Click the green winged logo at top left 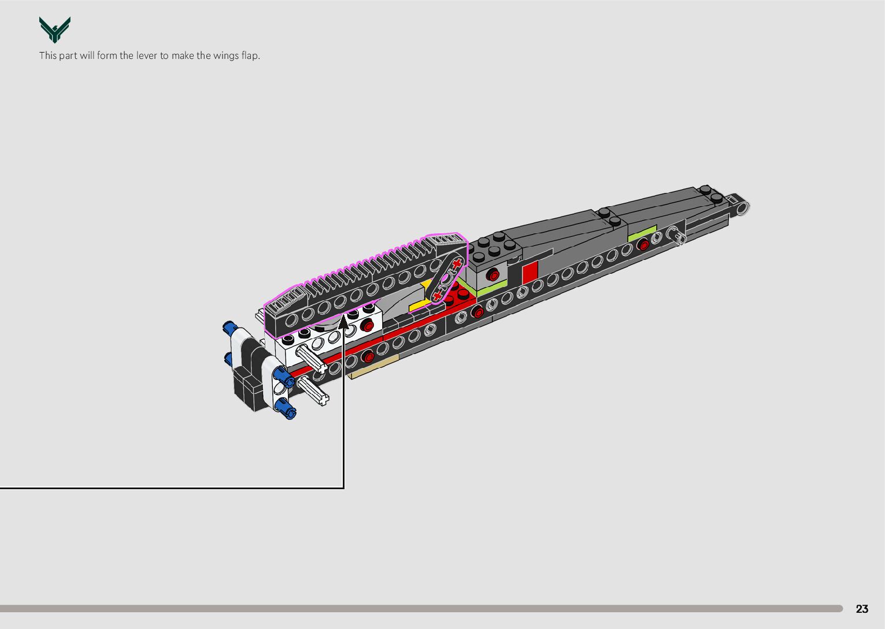pos(55,30)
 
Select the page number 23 pos(862,609)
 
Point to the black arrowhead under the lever pos(344,319)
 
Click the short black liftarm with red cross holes pos(446,279)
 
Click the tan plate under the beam pos(373,367)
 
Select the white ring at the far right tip pos(743,206)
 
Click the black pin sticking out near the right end pos(675,234)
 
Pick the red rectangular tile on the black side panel pos(530,271)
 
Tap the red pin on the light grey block pos(491,274)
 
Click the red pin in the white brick pos(366,325)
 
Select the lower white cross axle pos(313,390)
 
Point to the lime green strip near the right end pos(642,235)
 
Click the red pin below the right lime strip pos(643,245)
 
